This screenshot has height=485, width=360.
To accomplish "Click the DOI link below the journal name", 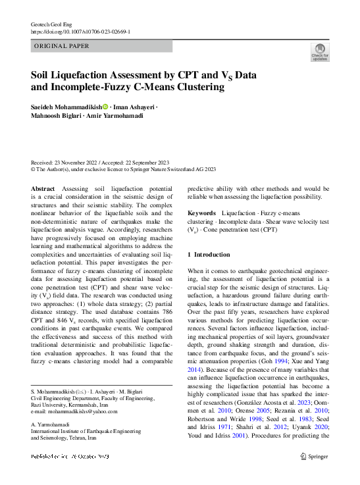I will (81, 31).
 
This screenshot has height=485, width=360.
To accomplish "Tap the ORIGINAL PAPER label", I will (61, 46).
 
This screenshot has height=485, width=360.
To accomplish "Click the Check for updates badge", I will (320, 52).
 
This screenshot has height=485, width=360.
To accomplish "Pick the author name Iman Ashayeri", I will (134, 107).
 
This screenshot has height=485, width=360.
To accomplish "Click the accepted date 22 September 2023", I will (149, 162).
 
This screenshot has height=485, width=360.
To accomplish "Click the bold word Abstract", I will (43, 188).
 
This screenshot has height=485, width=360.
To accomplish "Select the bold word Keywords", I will (201, 213).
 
